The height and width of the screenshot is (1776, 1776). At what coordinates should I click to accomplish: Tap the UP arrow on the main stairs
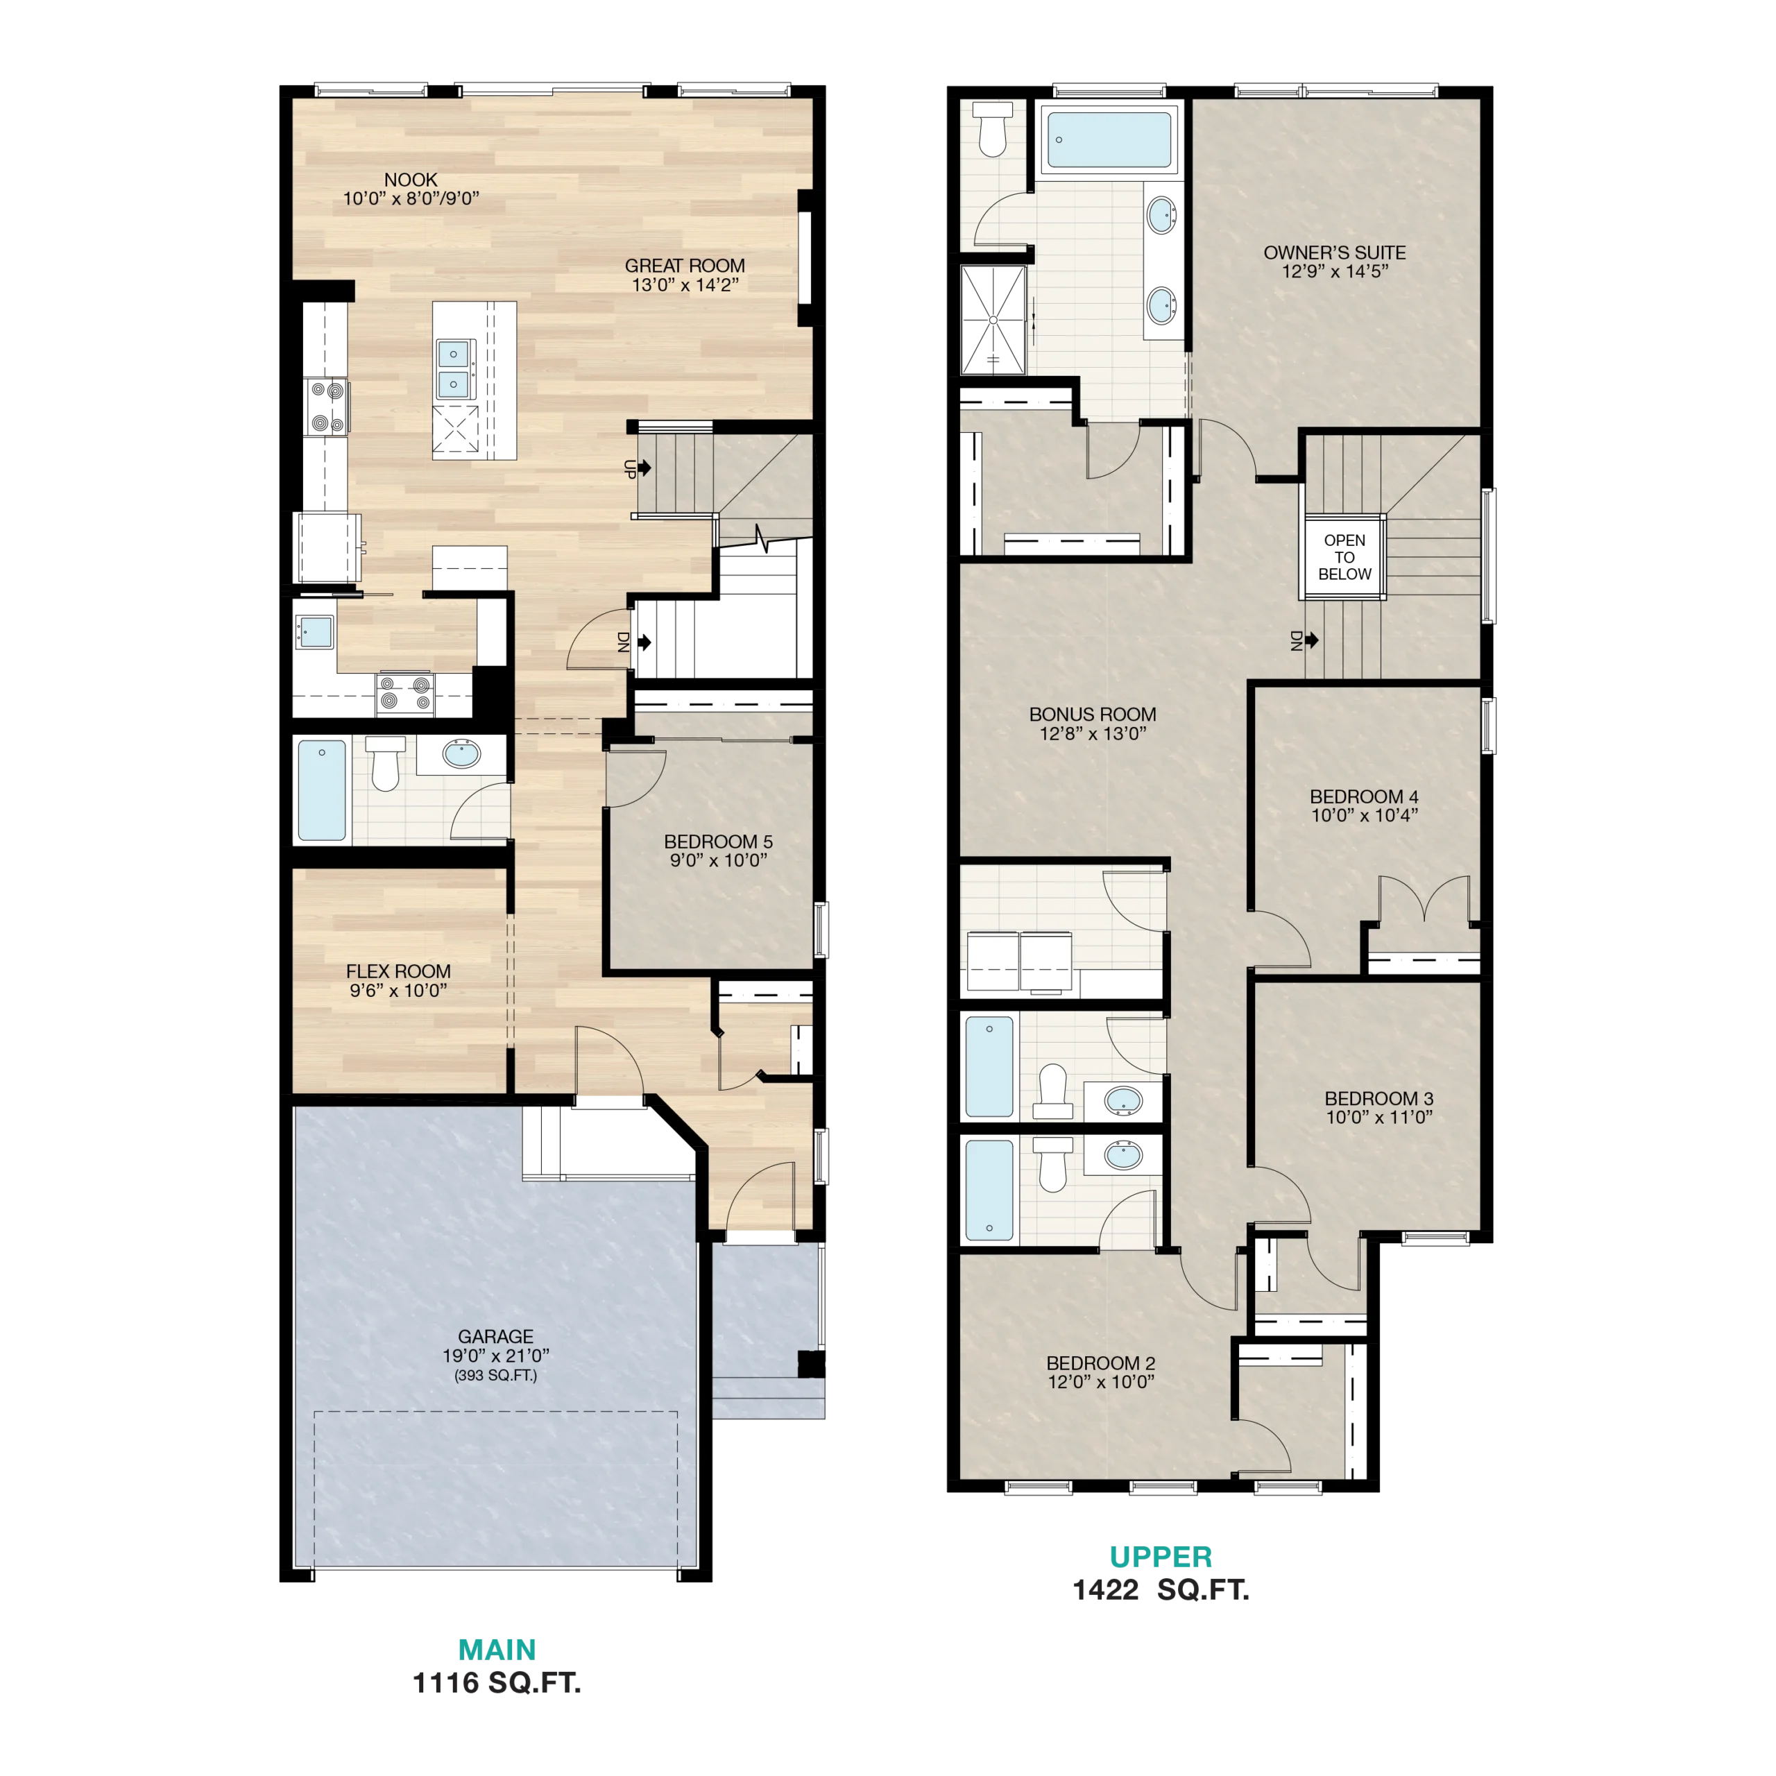(644, 468)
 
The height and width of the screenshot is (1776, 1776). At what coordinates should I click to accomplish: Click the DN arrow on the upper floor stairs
(1312, 640)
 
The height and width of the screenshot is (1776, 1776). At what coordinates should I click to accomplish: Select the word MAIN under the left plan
(497, 1650)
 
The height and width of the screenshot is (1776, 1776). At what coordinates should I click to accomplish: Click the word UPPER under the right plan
(1161, 1557)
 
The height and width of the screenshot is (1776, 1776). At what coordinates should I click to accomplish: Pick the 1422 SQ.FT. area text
(1161, 1590)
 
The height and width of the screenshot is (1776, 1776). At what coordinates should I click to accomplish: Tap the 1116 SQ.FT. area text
(497, 1683)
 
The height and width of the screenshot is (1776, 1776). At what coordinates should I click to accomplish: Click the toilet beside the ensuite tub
(993, 129)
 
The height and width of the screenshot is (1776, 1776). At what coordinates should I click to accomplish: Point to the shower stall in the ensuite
(993, 321)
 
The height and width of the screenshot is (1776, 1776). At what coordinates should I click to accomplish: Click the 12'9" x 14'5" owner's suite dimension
(1335, 272)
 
